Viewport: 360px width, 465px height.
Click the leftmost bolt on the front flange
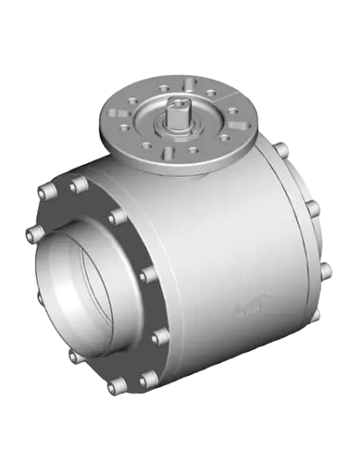34,232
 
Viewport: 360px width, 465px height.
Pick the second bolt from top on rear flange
312,208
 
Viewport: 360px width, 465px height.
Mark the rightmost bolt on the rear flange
326,272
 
